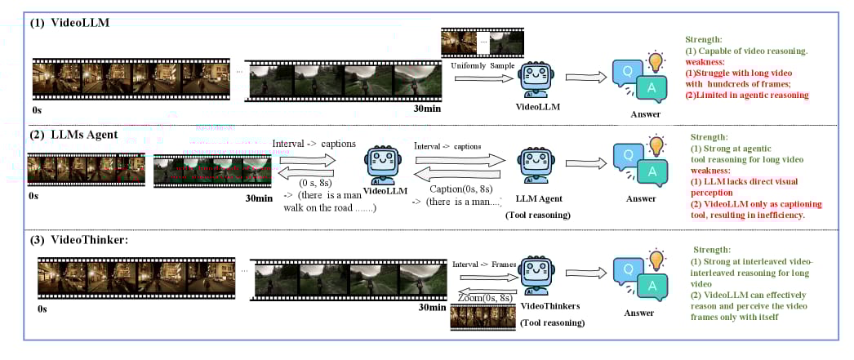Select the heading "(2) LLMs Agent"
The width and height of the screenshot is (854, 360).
coord(75,134)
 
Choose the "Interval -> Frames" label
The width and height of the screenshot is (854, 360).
coord(483,264)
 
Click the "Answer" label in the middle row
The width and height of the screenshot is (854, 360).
coord(639,198)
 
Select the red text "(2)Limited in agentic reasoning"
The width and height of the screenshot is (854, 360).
coord(748,95)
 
